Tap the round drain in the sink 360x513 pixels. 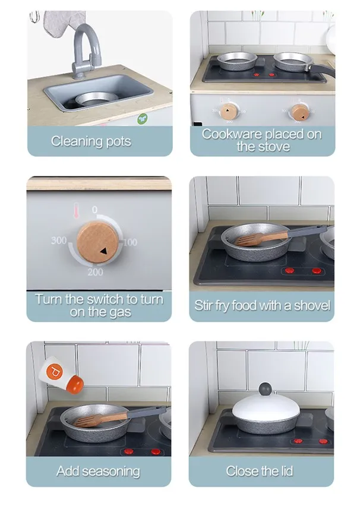click(96, 99)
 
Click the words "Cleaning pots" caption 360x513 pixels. click(91, 141)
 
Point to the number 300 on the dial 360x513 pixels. click(59, 240)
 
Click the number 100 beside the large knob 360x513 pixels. click(130, 242)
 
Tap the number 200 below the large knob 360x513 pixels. click(95, 272)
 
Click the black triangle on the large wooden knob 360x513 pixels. click(103, 251)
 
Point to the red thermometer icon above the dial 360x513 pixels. click(76, 210)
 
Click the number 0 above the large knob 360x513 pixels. click(94, 210)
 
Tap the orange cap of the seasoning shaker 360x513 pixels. click(75, 385)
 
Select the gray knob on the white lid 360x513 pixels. click(266, 389)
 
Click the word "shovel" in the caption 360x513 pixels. click(312, 305)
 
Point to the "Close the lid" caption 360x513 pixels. click(260, 471)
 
